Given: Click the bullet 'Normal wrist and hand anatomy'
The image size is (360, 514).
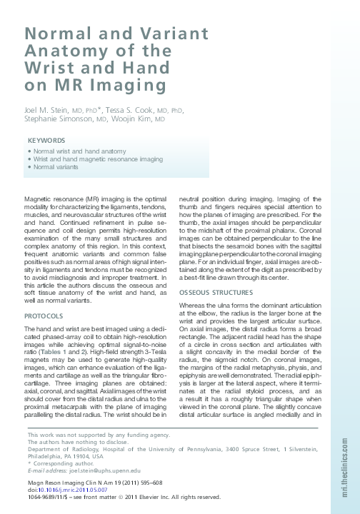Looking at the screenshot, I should (x=79, y=151).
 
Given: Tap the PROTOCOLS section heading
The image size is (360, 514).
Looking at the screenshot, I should (x=44, y=316).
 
